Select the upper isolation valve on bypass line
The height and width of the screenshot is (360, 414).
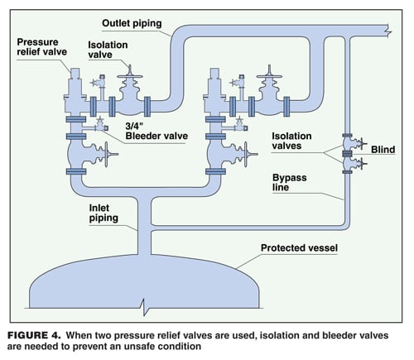coord(348,142)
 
